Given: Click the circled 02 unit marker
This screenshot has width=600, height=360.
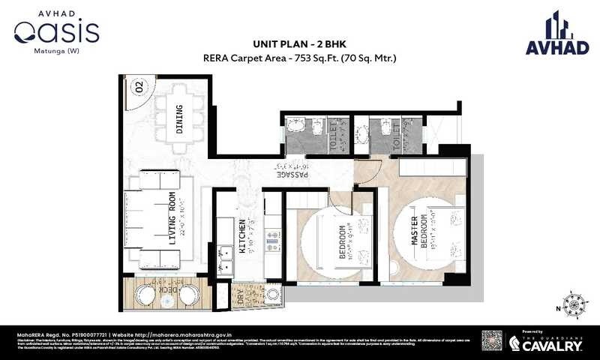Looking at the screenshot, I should pyautogui.click(x=139, y=87).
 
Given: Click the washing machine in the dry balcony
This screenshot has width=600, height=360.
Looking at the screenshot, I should pyautogui.click(x=274, y=295).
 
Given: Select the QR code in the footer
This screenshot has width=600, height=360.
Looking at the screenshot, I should pyautogui.click(x=491, y=341).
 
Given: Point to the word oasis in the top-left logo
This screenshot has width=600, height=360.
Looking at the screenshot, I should pyautogui.click(x=56, y=32).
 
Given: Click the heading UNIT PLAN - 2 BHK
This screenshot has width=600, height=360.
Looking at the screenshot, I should pyautogui.click(x=298, y=43).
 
